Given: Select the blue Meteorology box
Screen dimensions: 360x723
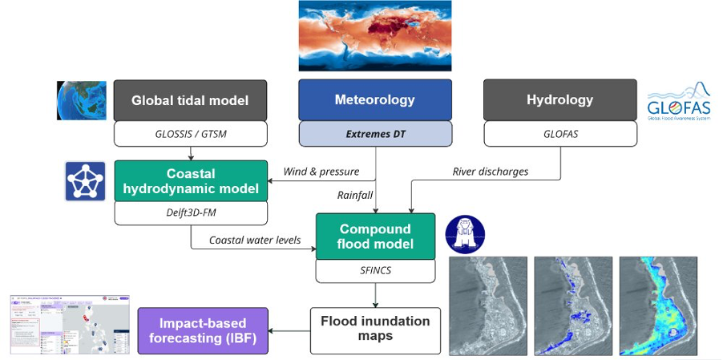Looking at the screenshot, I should [375, 100].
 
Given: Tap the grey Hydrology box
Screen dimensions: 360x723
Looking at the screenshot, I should [559, 100].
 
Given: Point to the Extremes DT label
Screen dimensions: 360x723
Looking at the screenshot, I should [375, 133].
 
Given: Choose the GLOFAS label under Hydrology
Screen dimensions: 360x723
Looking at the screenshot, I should [559, 134].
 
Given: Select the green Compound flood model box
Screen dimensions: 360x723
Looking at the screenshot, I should [375, 237].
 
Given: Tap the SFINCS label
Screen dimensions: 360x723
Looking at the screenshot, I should [375, 271].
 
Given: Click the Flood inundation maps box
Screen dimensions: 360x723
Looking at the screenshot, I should [375, 329].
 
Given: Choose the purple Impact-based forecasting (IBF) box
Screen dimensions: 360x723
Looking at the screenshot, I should [202, 330].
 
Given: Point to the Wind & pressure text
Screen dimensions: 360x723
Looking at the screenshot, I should [321, 171].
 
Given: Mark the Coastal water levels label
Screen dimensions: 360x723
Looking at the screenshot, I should [254, 240].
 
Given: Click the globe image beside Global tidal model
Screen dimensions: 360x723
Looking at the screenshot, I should [81, 100].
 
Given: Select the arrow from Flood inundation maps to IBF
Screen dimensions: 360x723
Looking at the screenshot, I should [289, 330].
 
